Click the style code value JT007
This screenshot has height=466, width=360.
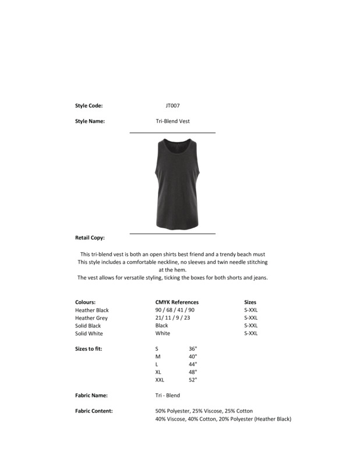172,105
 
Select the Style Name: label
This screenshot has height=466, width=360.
90,121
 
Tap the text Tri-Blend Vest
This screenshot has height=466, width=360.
172,121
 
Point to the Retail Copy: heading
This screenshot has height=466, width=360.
90,238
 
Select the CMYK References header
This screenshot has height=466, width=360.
177,302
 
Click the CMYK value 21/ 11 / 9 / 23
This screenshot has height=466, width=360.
172,318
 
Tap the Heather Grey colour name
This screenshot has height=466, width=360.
91,318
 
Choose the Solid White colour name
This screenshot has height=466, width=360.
89,334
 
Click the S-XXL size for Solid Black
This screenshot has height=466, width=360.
250,326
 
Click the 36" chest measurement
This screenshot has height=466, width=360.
193,348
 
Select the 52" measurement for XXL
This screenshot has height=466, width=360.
193,380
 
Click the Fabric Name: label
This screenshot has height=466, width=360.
91,396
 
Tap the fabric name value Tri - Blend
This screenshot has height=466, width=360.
168,396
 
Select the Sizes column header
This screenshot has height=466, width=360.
250,302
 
